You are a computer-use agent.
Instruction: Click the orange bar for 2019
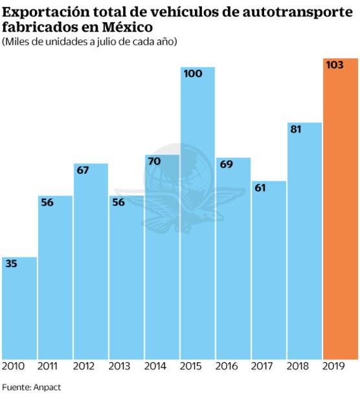[341, 213]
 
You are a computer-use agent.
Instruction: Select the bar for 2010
[19, 310]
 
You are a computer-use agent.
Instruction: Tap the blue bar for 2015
[197, 220]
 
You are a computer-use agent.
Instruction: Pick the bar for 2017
[269, 272]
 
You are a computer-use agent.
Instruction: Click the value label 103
[335, 65]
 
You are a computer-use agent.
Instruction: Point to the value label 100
[193, 74]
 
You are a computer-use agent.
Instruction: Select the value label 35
[12, 264]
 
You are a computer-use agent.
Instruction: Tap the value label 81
[296, 129]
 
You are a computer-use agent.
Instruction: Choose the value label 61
[260, 188]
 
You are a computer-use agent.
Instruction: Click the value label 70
[154, 161]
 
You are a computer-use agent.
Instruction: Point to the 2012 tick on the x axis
[84, 366]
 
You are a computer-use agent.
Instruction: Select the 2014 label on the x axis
[155, 366]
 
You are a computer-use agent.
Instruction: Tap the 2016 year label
[227, 366]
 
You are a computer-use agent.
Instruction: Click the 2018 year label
[298, 366]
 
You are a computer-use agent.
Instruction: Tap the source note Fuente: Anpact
[27, 388]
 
